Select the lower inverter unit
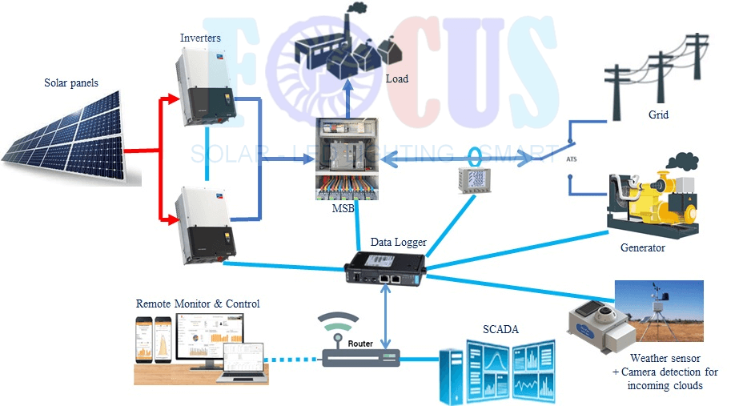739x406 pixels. coord(207,223)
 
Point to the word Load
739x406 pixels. coord(397,78)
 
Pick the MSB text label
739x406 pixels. coord(344,209)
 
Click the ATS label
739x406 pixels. coord(570,160)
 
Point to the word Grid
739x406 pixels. coord(658,115)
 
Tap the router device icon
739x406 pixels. coord(360,349)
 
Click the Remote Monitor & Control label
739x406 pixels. coord(198,303)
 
